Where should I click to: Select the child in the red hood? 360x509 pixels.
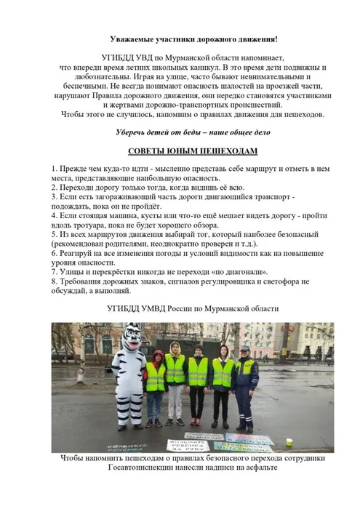(156, 385)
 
